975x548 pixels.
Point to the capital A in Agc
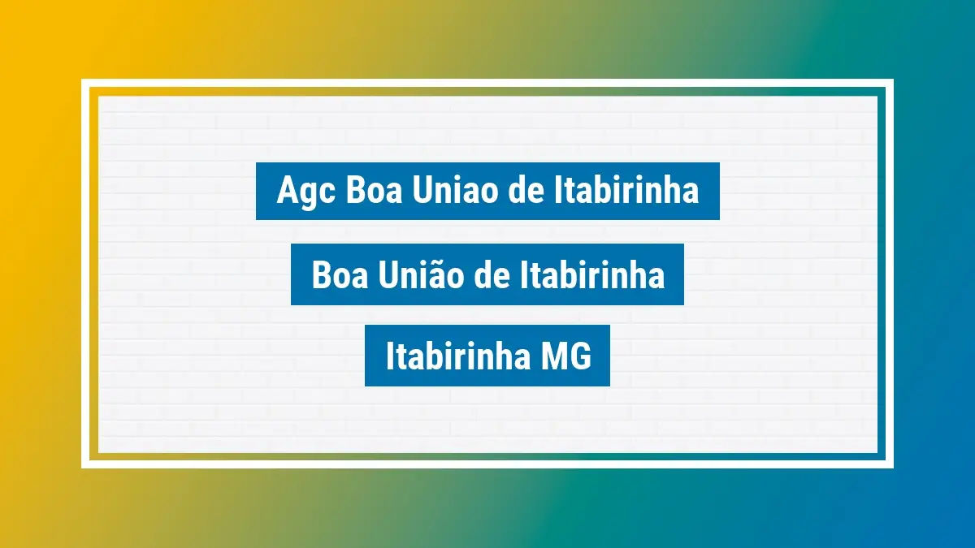(x=286, y=191)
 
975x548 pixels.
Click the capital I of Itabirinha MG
(x=389, y=357)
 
